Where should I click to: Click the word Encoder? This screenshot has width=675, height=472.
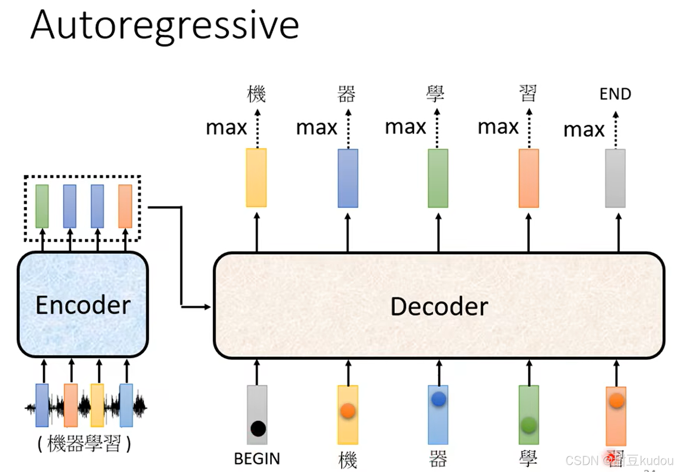(x=83, y=305)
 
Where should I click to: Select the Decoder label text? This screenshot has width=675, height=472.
(x=439, y=307)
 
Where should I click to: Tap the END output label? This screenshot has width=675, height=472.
(x=615, y=94)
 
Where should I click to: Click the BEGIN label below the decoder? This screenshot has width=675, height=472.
(x=257, y=459)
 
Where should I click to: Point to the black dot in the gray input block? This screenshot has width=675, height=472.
(x=258, y=429)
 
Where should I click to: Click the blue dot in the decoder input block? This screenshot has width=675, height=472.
(x=439, y=399)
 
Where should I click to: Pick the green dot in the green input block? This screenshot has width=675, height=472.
(x=529, y=425)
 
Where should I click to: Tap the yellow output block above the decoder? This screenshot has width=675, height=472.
(x=256, y=177)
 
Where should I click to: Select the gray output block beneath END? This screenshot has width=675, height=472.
(x=615, y=178)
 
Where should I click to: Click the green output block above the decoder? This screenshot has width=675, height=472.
(x=438, y=178)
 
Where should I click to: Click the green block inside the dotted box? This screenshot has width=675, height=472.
(x=42, y=206)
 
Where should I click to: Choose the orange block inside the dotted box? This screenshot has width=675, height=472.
(x=125, y=206)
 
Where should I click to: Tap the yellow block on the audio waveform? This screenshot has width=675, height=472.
(x=97, y=405)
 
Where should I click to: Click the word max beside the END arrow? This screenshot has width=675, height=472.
(x=584, y=130)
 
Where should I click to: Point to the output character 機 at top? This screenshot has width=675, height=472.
(x=256, y=94)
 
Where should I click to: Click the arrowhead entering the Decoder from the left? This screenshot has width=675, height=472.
(x=208, y=307)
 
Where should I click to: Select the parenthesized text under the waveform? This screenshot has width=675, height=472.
(x=84, y=444)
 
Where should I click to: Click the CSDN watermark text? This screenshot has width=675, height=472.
(x=619, y=460)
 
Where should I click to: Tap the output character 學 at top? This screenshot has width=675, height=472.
(x=435, y=94)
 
